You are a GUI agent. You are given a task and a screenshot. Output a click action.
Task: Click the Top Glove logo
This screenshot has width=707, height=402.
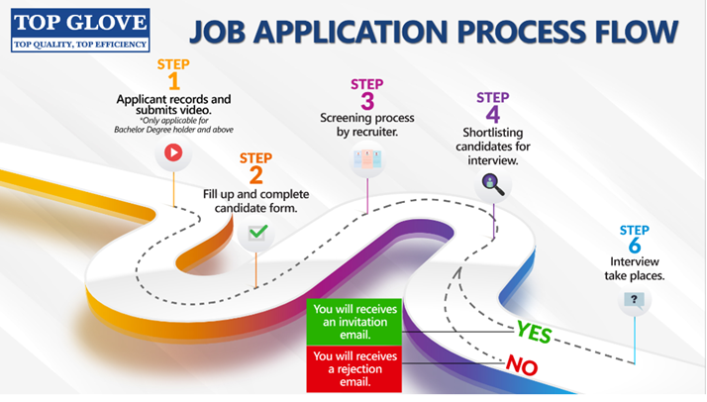[79, 31]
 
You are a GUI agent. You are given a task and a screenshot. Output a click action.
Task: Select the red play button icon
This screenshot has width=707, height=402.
[173, 152]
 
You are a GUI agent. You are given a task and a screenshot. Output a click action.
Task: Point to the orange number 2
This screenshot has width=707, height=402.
[256, 175]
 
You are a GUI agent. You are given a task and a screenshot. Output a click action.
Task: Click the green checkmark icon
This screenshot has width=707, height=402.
[256, 234]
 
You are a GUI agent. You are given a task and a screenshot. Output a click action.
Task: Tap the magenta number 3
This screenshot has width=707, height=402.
[366, 100]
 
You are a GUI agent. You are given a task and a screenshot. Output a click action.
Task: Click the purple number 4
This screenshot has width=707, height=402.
[492, 114]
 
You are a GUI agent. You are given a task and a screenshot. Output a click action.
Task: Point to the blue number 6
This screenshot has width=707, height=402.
[635, 247]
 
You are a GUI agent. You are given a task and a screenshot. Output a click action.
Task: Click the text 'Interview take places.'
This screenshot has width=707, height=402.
[635, 268]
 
